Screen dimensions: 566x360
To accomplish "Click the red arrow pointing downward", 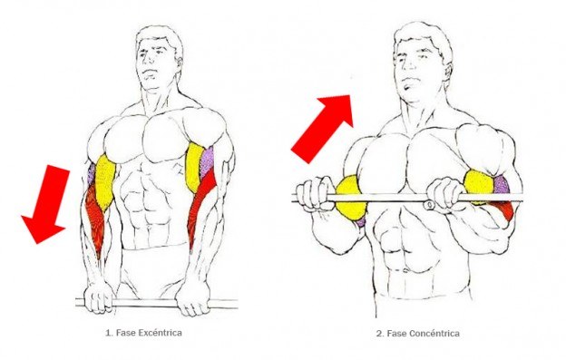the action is (x=46, y=204).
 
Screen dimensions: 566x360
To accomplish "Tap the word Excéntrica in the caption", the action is (x=160, y=332).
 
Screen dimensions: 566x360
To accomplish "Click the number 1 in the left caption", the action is (x=108, y=333).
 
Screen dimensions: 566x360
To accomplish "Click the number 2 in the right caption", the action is (x=379, y=334).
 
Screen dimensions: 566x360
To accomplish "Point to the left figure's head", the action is (x=159, y=58).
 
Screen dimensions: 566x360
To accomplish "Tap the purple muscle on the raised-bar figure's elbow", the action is (x=501, y=185).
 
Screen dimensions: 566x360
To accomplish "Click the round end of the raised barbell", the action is (x=429, y=205).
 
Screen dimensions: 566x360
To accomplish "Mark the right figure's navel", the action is (x=406, y=269).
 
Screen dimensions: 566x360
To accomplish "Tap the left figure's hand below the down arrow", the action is (x=98, y=296).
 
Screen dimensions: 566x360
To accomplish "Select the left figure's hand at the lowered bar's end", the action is (x=193, y=298).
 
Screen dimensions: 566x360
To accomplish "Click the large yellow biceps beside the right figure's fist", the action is (x=351, y=198).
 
